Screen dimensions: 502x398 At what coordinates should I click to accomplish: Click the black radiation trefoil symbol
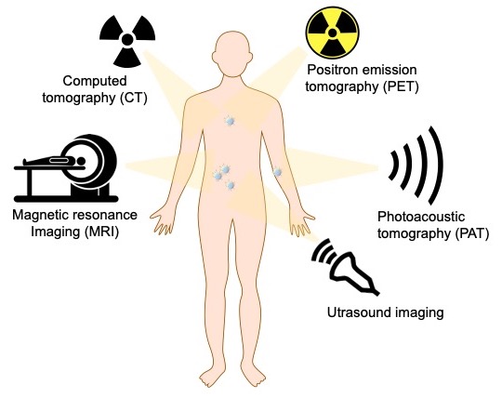coord(127,39)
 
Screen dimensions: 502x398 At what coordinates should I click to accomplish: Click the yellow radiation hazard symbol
coord(332,33)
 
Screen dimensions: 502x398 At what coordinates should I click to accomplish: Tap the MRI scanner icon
coord(66,168)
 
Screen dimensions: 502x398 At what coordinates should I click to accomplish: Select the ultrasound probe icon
coord(346,266)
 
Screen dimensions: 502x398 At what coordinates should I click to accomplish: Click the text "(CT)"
coord(134,98)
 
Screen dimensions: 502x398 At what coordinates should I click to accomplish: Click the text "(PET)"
coord(401,86)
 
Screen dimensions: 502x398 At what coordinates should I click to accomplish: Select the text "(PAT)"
coord(471,233)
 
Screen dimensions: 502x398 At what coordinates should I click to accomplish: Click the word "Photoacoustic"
coord(421,217)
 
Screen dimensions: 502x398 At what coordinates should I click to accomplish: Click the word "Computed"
coord(95,81)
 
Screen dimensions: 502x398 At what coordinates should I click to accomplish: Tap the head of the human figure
coord(232,54)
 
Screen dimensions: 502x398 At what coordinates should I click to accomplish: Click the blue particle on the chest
coord(230,121)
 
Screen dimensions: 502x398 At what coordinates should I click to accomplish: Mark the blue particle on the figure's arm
coord(277,172)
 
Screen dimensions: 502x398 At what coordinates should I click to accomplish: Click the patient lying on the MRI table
coord(54,161)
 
